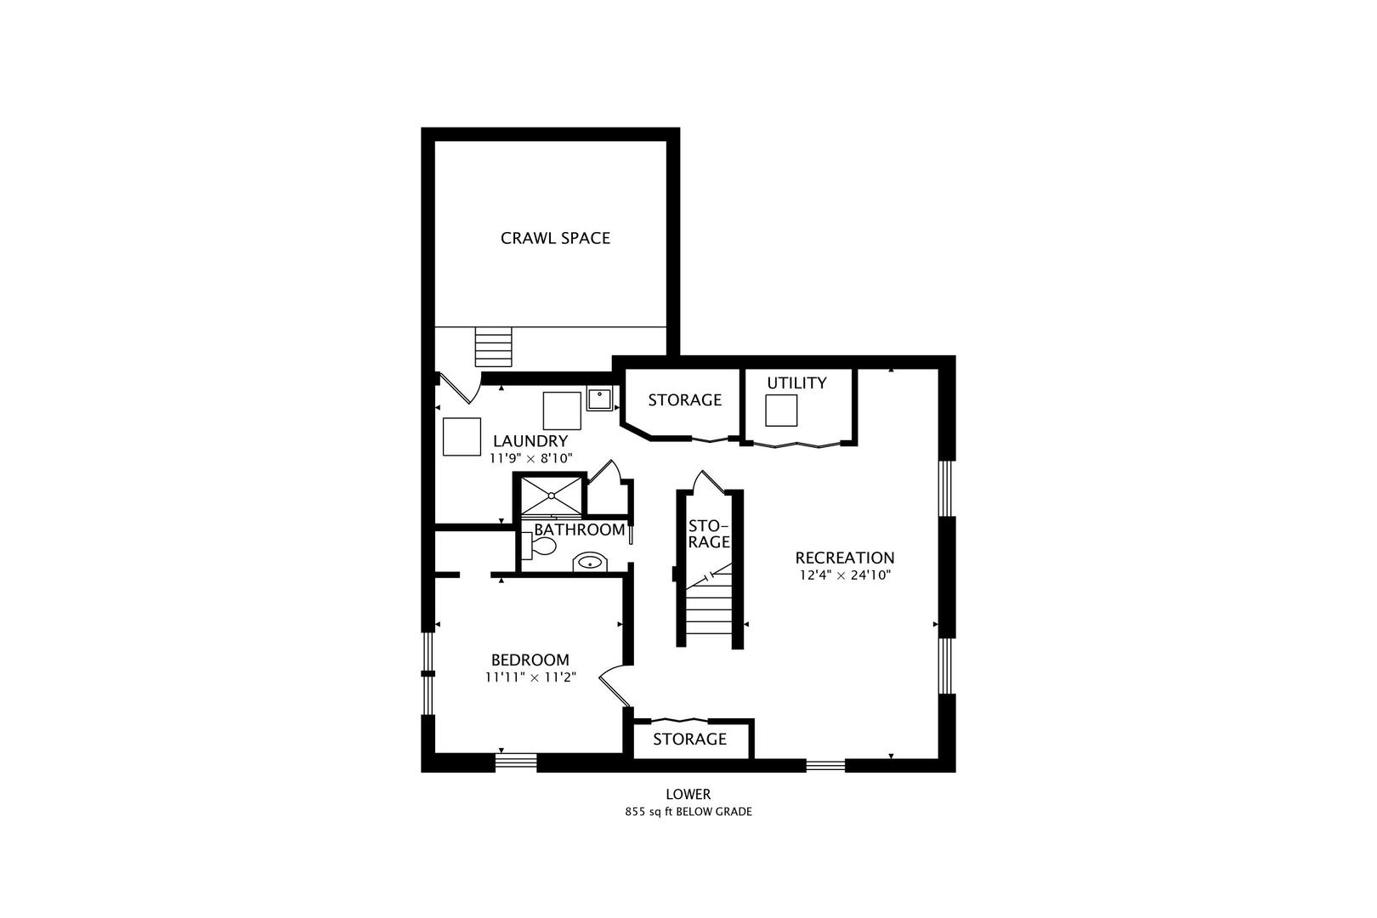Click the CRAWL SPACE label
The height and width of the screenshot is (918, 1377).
click(x=555, y=238)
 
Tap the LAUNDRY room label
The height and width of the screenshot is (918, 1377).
click(x=530, y=441)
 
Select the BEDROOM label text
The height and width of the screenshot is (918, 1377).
click(x=530, y=660)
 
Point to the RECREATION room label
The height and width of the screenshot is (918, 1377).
click(x=845, y=558)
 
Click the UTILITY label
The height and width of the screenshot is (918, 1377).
click(x=796, y=382)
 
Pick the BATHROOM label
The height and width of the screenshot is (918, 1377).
click(x=579, y=530)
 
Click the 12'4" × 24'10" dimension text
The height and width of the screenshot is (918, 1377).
click(x=845, y=575)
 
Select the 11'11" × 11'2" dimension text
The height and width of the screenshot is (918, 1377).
click(x=530, y=677)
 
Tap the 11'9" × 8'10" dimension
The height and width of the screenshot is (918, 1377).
click(x=530, y=458)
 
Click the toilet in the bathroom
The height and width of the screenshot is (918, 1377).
click(x=539, y=546)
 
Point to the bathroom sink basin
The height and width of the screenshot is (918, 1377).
click(x=590, y=562)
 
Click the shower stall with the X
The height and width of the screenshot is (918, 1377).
click(x=552, y=495)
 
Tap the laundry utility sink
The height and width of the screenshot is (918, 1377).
click(x=599, y=399)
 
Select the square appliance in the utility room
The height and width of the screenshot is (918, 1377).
click(x=780, y=410)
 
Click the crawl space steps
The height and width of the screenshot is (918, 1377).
click(x=493, y=347)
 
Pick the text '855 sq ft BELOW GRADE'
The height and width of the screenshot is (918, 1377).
click(x=688, y=812)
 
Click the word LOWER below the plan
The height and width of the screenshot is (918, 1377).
click(x=688, y=794)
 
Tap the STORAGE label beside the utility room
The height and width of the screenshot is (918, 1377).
click(x=685, y=399)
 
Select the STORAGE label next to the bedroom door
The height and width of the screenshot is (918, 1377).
click(x=689, y=739)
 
